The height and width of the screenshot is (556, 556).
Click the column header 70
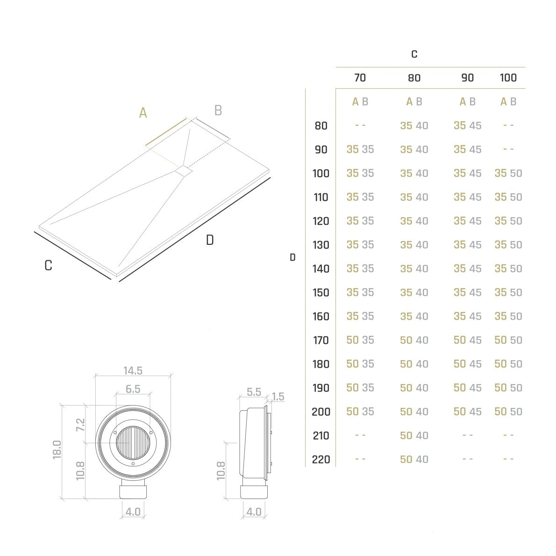pos(360,78)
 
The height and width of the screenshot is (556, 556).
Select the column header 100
pos(508,78)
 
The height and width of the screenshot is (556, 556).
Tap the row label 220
pos(321,460)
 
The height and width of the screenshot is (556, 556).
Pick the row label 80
pos(321,126)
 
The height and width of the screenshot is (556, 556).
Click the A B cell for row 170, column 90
pos(467,340)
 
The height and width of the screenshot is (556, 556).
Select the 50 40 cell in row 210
pos(414,435)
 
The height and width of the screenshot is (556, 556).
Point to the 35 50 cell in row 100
pos(508,173)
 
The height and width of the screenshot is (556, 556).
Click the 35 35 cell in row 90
pos(360,150)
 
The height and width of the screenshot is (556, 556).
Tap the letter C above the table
pos(414,54)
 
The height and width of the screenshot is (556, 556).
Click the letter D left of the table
pos(292,257)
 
